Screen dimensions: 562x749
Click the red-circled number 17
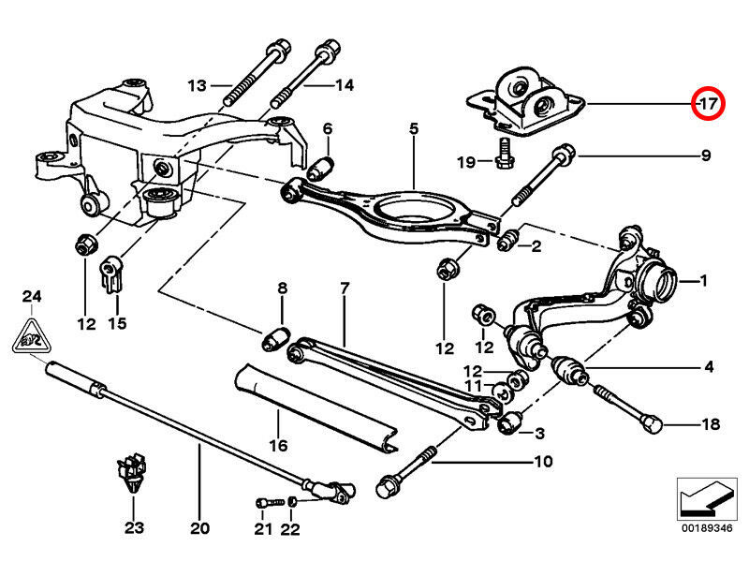tap(707, 104)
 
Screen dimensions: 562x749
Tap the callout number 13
tap(196, 86)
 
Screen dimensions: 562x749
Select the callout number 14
tap(344, 86)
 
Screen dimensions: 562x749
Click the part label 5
tap(414, 127)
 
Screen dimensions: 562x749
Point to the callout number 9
tap(705, 155)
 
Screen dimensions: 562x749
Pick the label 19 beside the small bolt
tap(466, 162)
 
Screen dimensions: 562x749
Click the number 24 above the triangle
tap(33, 297)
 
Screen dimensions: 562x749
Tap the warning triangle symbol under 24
tap(33, 335)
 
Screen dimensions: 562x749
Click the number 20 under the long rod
tap(199, 528)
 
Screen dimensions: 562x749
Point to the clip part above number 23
tap(131, 473)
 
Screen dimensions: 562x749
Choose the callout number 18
tap(712, 424)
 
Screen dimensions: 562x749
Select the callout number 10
tap(543, 462)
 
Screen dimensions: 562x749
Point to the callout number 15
tap(116, 324)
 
